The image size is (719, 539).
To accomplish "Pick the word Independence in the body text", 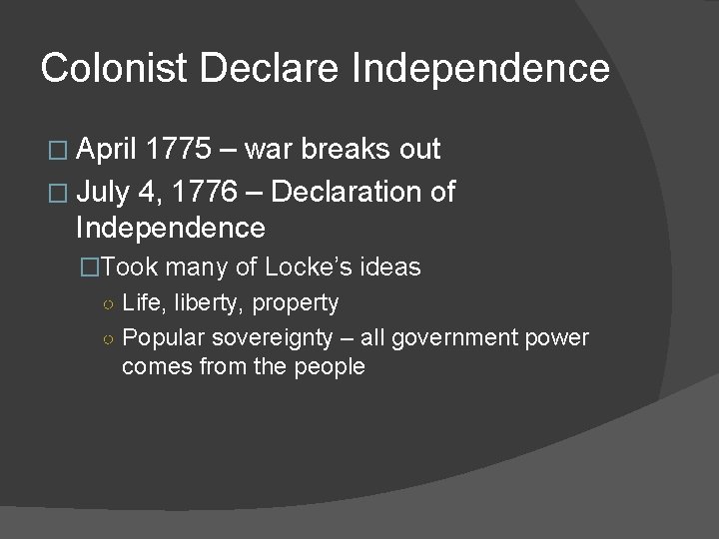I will pos(171,229).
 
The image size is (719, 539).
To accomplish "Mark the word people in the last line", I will pos(332,367).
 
